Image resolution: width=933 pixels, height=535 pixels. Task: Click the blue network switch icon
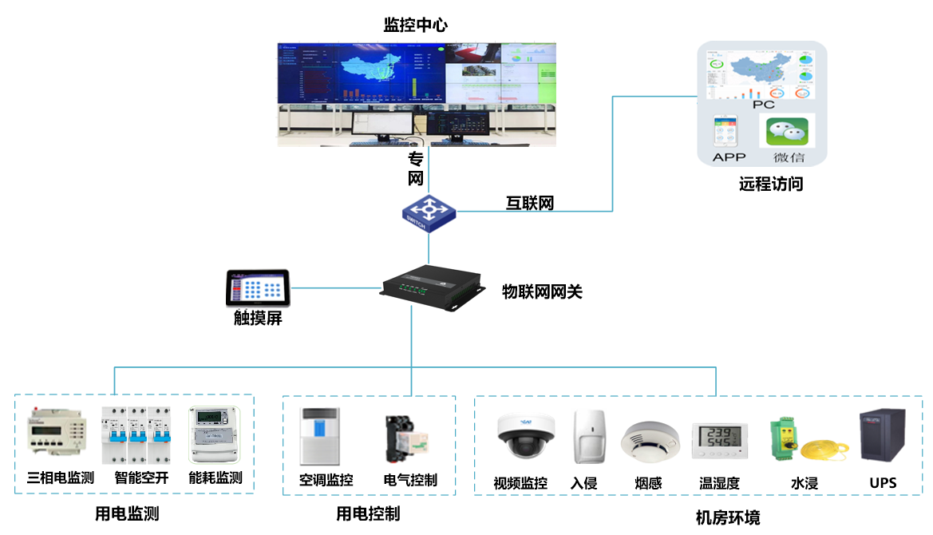click(x=429, y=211)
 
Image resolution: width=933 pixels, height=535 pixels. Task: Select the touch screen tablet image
click(x=257, y=288)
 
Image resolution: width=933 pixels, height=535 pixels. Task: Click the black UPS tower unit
click(x=882, y=438)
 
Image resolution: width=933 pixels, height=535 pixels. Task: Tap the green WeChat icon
click(x=787, y=131)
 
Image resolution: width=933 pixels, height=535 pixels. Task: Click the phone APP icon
click(x=725, y=129)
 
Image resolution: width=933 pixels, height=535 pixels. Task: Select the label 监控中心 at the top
click(x=416, y=25)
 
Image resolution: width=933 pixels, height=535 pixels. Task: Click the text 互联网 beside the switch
click(x=530, y=203)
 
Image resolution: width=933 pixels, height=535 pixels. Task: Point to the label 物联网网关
click(x=542, y=291)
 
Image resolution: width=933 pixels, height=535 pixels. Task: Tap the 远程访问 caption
click(x=770, y=184)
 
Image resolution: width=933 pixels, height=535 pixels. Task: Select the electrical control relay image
click(x=406, y=438)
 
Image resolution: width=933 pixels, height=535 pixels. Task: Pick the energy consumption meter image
click(x=213, y=435)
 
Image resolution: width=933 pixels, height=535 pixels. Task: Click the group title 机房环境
click(x=727, y=517)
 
